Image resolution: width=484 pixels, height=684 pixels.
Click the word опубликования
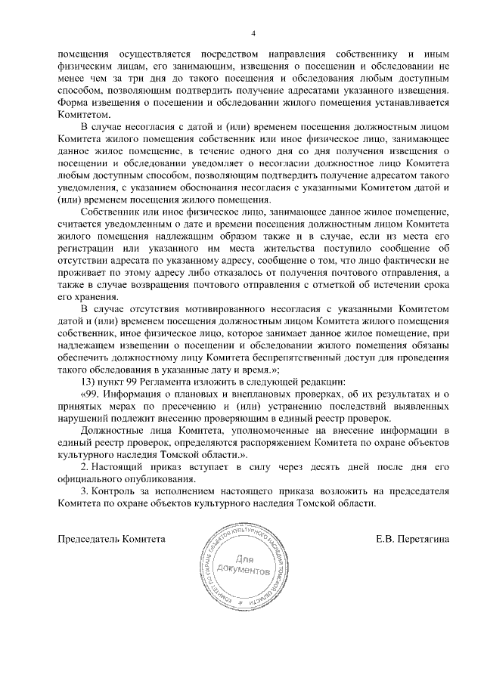[x=147, y=478]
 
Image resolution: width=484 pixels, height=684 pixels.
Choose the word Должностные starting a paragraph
[x=112, y=430]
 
